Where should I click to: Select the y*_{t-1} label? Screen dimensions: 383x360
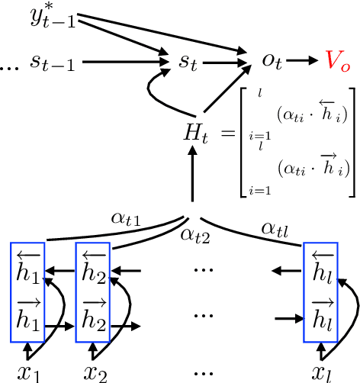tap(54, 16)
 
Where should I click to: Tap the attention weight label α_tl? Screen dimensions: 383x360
tap(275, 227)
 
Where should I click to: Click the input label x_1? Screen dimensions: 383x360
tap(27, 372)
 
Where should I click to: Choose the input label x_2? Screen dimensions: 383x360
tap(95, 372)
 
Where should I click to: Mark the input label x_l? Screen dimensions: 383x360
tap(321, 372)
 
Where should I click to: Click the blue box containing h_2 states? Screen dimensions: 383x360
tap(93, 292)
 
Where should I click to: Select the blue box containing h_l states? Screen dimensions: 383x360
tap(320, 292)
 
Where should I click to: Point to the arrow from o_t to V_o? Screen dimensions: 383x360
tap(301, 60)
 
